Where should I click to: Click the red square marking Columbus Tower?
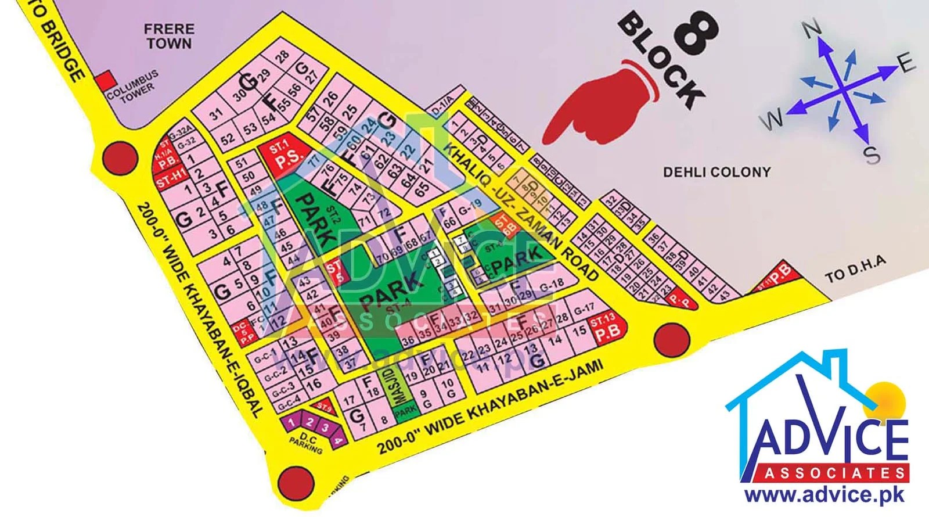(x=105, y=81)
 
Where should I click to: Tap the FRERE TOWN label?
(x=169, y=35)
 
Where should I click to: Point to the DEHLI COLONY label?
(x=716, y=172)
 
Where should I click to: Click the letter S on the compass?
(x=871, y=155)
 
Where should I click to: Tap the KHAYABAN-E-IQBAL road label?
(x=200, y=308)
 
